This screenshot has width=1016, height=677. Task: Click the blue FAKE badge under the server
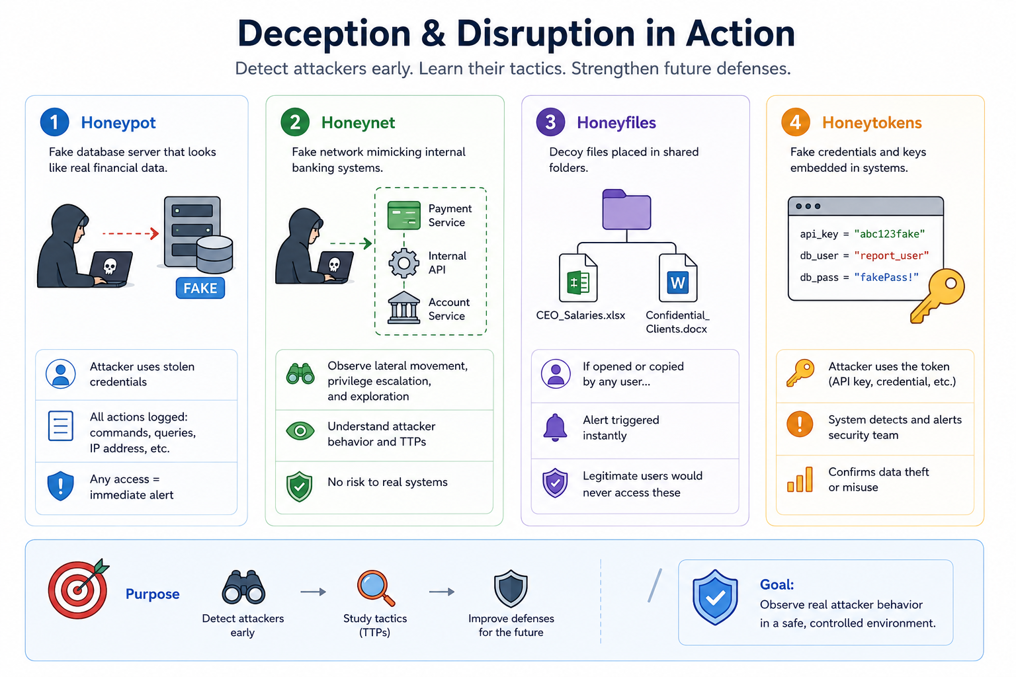(x=200, y=288)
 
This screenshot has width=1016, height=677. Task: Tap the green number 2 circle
(x=295, y=122)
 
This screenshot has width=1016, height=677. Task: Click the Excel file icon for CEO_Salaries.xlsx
(x=578, y=278)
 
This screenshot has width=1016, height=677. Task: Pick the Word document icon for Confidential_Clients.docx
(x=677, y=278)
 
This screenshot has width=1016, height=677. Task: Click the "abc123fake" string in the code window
(x=890, y=234)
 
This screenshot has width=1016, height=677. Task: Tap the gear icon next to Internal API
(x=403, y=262)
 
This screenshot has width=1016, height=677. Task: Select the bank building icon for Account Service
(x=403, y=308)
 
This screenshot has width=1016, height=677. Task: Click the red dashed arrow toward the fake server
(x=130, y=233)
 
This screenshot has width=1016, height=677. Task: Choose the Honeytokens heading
(x=872, y=122)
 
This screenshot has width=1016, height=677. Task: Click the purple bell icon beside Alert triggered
(x=555, y=427)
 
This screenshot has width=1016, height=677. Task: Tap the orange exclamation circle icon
(x=800, y=424)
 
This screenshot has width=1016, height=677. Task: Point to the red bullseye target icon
(x=79, y=588)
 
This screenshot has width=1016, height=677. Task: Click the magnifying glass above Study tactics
(x=376, y=588)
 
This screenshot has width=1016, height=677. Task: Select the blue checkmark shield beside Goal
(x=715, y=597)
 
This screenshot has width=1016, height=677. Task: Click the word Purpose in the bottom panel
(x=152, y=594)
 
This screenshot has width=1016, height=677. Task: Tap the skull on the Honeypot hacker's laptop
(x=110, y=266)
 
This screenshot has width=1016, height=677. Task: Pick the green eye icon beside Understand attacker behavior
(x=300, y=431)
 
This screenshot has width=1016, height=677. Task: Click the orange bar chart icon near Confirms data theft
(x=800, y=480)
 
